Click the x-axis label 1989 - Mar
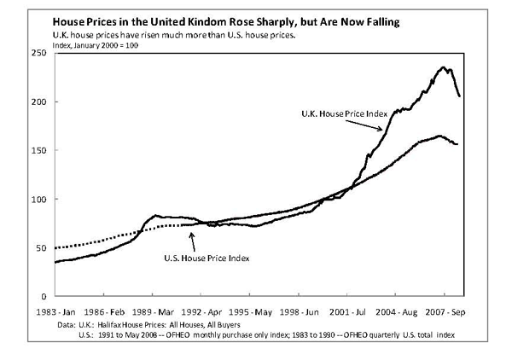pos(163,312)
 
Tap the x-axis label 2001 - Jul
pos(346,312)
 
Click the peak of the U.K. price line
pos(444,67)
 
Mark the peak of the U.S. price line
pos(439,136)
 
